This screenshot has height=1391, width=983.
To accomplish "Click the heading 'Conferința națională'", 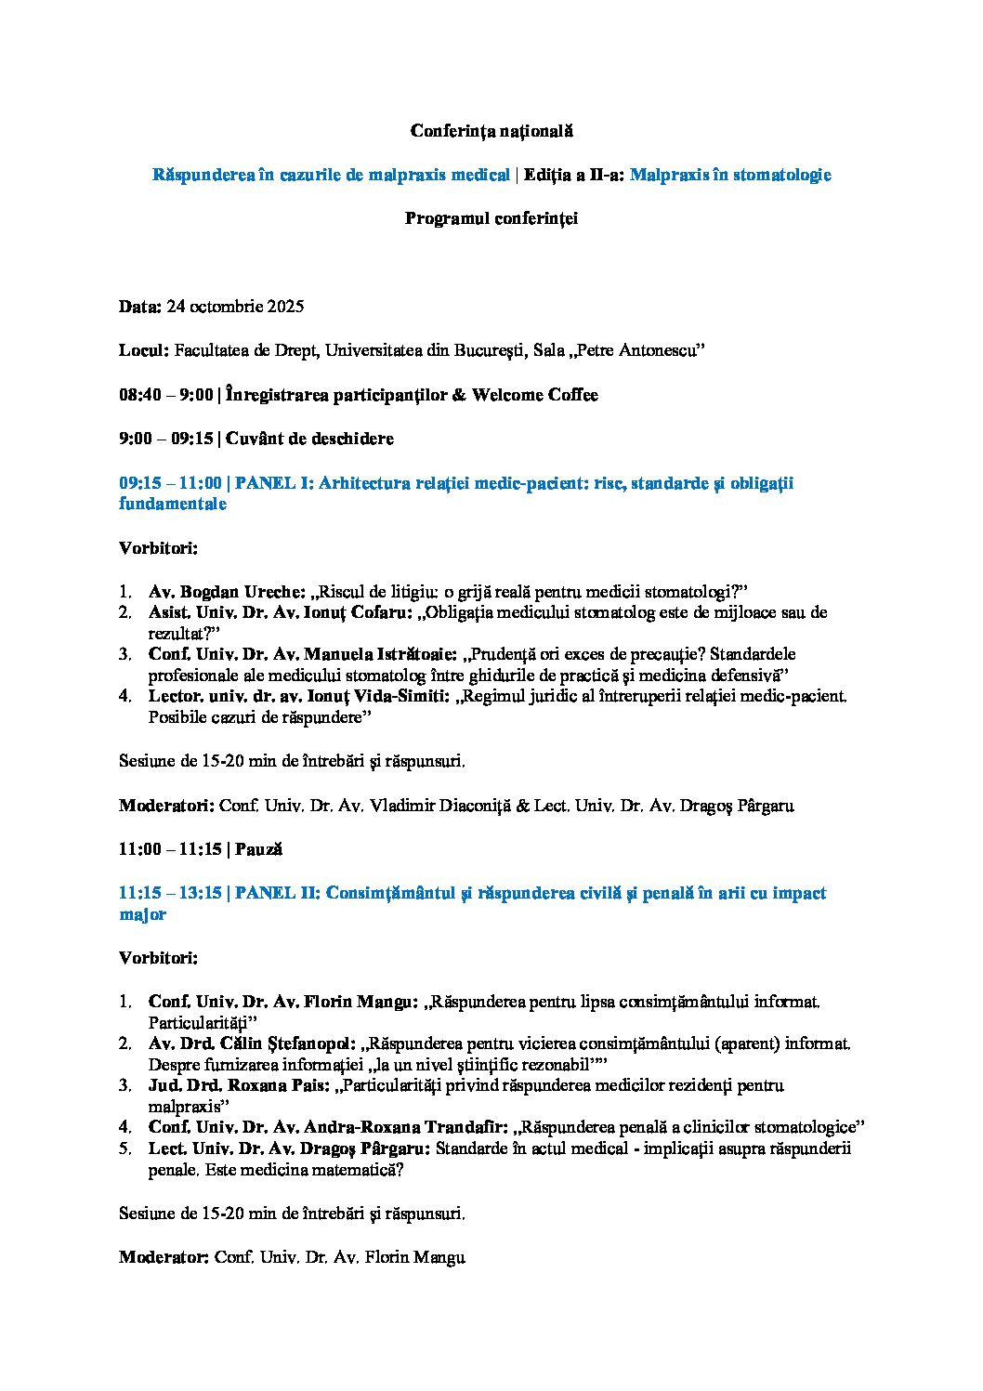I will click(x=491, y=131).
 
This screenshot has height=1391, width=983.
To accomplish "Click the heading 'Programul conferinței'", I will click(x=491, y=218).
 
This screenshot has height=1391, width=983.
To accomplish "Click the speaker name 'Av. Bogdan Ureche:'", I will click(x=227, y=592).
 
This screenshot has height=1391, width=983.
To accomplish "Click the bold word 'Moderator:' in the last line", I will click(x=164, y=1258).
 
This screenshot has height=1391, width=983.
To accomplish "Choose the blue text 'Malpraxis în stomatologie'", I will click(x=730, y=175).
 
